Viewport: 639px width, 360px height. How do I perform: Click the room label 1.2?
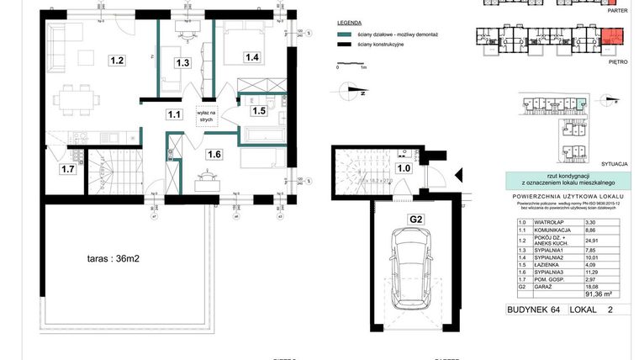tap(117, 61)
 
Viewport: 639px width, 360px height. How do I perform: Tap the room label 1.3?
tap(182, 62)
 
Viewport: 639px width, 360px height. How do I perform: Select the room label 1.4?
tap(251, 57)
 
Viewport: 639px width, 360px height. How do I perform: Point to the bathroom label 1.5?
tap(259, 110)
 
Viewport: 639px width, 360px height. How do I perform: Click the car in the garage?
tap(414, 270)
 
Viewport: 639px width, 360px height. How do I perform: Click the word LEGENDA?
tap(348, 24)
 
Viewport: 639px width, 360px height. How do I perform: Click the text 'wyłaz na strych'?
tap(206, 115)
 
